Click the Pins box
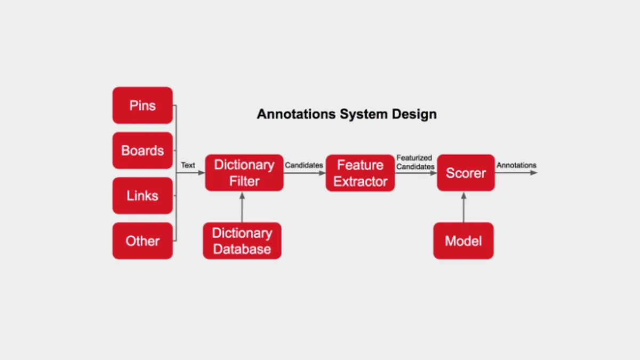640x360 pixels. (142, 106)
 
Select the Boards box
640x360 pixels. (142, 150)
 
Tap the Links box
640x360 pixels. (142, 196)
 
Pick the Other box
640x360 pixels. (142, 241)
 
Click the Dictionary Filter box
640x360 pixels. (244, 173)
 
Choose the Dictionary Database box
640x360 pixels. (242, 241)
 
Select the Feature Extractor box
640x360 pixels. (361, 173)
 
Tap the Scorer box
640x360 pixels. (466, 173)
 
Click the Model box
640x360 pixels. (463, 241)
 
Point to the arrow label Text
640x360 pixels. (188, 165)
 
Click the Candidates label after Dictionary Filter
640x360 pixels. (304, 165)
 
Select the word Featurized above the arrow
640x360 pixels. (414, 158)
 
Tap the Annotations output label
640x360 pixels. (517, 165)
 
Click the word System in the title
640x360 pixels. (364, 114)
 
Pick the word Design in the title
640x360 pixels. (414, 114)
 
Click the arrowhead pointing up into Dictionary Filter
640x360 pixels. (242, 196)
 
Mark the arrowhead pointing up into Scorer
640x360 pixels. (463, 196)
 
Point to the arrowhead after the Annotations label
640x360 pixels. (534, 173)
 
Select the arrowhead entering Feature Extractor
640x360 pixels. (322, 173)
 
